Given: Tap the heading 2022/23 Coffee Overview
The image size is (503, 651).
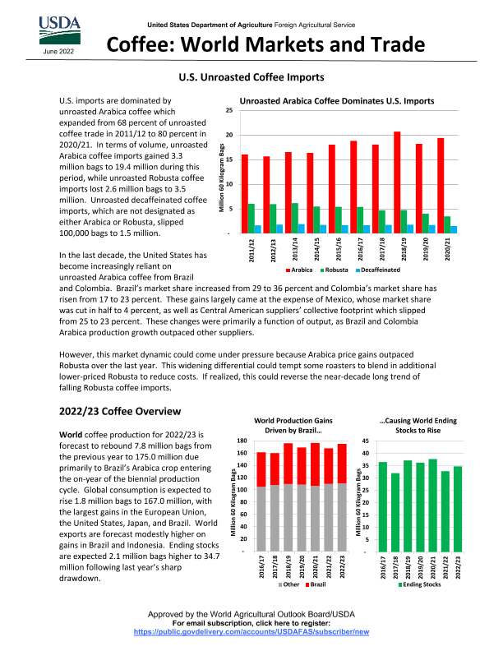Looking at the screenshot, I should [120, 411].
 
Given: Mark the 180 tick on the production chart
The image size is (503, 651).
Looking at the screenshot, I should [242, 441].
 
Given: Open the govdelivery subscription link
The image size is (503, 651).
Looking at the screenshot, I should [251, 633].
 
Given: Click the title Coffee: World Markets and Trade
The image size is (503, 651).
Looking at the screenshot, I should [267, 44].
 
